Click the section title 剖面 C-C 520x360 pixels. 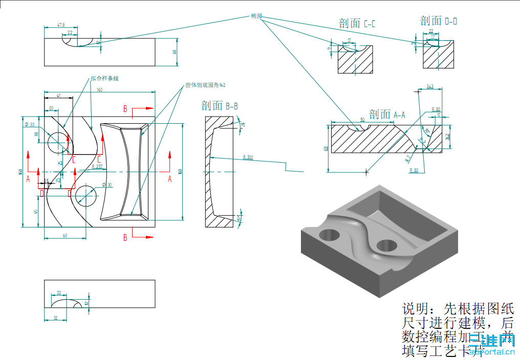(357, 24)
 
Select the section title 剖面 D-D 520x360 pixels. (438, 20)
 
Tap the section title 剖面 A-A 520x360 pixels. (387, 115)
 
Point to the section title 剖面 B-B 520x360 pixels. (220, 106)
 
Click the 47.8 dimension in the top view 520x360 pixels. (61, 25)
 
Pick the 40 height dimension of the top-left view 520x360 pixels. (175, 52)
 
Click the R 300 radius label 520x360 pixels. (248, 157)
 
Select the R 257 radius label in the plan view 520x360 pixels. (97, 167)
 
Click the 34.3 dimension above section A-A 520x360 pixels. (430, 87)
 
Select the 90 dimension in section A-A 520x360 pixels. (362, 119)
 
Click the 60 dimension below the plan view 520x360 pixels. (65, 235)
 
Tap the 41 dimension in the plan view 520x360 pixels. (59, 96)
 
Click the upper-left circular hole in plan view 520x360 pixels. (58, 142)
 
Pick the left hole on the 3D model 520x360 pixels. (330, 235)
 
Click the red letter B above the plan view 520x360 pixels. (125, 108)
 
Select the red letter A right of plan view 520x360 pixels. (170, 178)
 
